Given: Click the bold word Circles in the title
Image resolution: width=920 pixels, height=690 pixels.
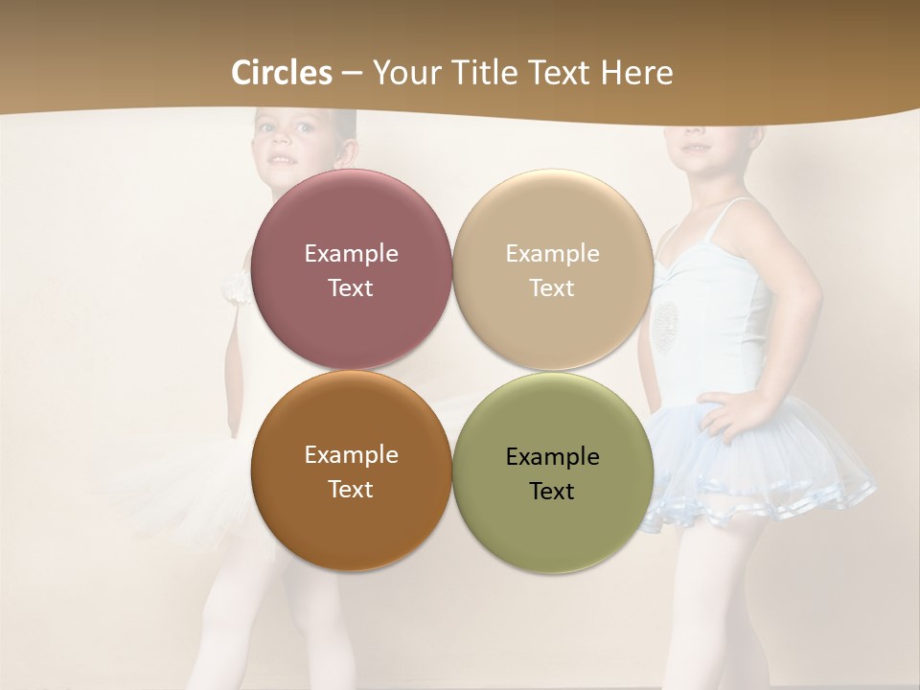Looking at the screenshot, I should click(282, 73).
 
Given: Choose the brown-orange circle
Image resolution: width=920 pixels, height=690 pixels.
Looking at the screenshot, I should click(351, 517).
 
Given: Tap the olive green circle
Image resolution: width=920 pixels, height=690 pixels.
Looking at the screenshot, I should click(552, 522).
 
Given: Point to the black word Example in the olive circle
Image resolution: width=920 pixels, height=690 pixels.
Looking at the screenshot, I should click(552, 457).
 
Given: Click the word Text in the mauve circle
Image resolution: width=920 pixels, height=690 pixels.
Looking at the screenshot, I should click(351, 287).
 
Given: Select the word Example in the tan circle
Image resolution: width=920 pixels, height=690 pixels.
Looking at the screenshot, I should click(552, 254).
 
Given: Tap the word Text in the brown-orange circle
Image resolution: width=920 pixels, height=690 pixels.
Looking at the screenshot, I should click(351, 489).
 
